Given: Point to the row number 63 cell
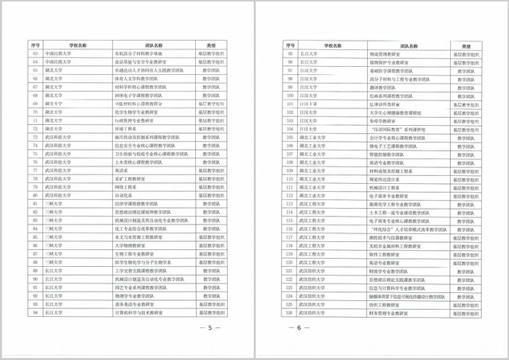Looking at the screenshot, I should point(35,53).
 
